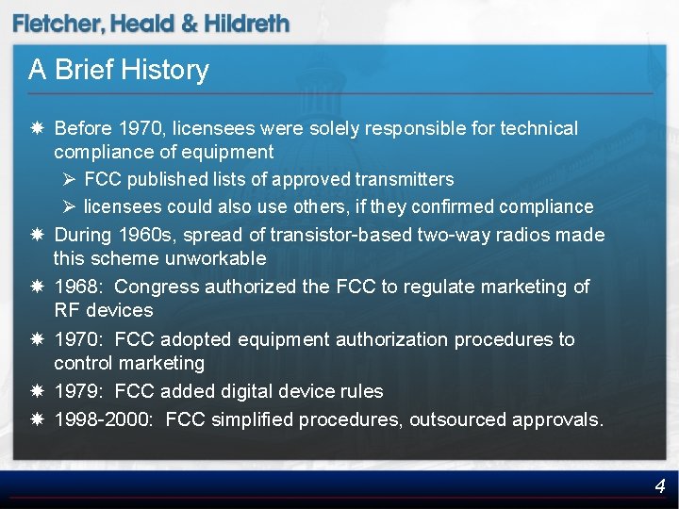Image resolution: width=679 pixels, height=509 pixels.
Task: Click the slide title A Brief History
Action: [119, 70]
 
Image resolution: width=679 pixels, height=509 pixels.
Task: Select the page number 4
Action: [660, 486]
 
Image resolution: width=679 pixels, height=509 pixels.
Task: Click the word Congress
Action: [157, 287]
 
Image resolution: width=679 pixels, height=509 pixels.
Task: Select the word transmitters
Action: [405, 179]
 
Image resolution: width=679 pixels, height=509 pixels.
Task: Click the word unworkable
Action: [217, 258]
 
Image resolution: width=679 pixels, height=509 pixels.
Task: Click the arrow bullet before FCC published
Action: [70, 179]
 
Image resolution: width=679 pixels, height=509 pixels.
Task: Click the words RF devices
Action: [103, 310]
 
